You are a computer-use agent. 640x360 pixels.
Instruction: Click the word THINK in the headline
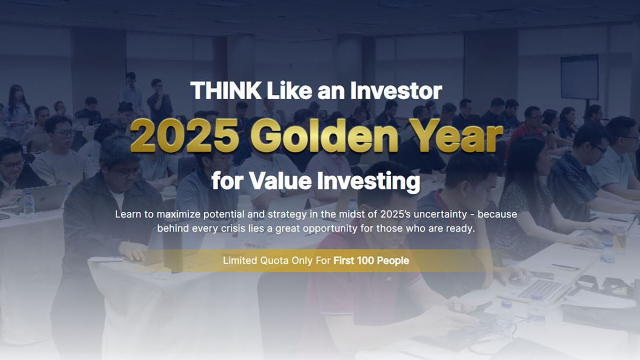click(x=225, y=90)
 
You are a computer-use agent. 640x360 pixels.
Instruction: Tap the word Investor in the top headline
click(x=396, y=90)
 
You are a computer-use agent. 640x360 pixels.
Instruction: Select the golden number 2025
click(x=185, y=135)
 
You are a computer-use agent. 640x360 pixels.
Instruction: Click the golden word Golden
click(x=324, y=135)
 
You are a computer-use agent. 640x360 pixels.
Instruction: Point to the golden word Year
click(x=455, y=135)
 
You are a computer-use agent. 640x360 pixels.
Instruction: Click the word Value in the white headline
click(x=280, y=181)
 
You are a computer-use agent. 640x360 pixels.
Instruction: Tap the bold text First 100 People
click(x=371, y=261)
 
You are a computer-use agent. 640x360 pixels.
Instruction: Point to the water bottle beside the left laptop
click(x=29, y=203)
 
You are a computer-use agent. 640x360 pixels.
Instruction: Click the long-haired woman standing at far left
click(x=17, y=112)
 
